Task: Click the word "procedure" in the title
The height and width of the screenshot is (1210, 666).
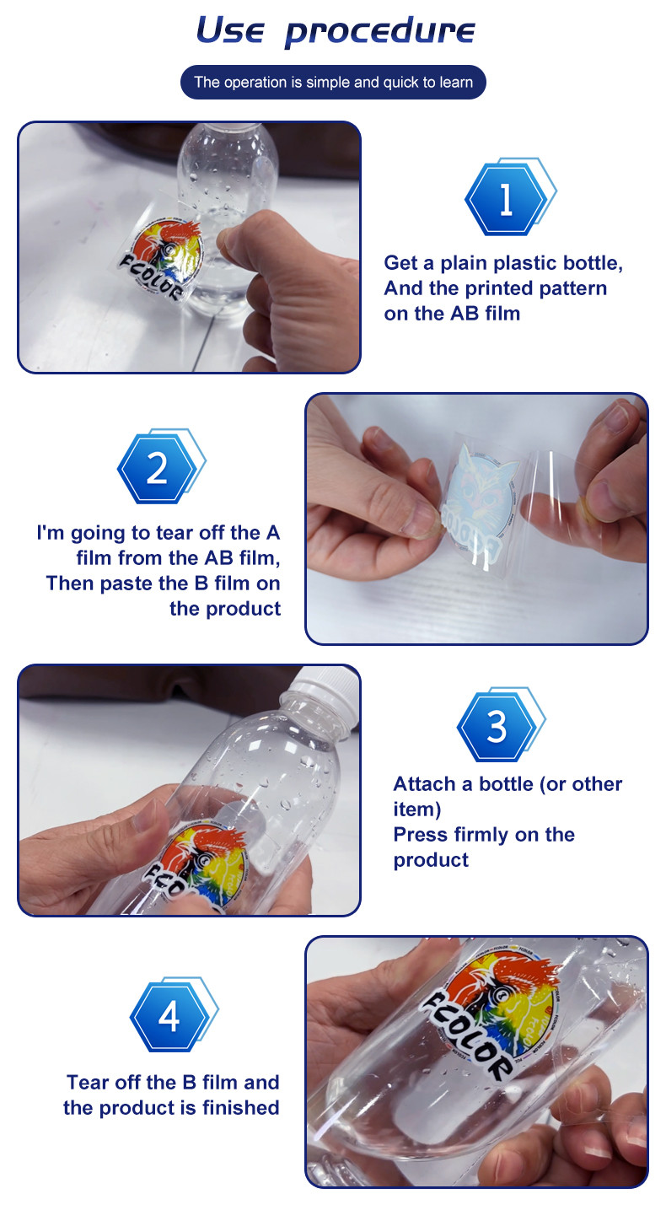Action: pos(379,31)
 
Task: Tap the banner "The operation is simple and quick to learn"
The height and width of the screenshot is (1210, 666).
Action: pos(333,82)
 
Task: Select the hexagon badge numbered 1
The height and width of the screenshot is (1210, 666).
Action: pos(510,196)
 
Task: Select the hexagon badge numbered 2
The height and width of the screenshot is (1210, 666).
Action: pos(161,466)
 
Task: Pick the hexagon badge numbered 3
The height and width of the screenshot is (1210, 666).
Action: pos(501,724)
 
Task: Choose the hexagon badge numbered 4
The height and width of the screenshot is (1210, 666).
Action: pos(174,1014)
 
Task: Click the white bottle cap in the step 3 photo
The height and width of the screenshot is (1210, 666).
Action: pos(325,690)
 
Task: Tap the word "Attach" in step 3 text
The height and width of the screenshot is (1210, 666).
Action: pos(425,784)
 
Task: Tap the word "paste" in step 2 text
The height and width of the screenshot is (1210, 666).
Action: pos(126,584)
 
